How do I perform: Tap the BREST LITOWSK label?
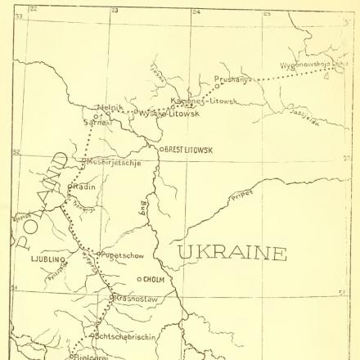[x=190, y=150]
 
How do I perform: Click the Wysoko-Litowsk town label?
[x=164, y=114]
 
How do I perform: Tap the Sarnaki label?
[x=98, y=117]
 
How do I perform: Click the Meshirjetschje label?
[x=113, y=162]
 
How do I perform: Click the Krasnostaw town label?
[x=137, y=299]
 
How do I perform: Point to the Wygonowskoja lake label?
[x=315, y=63]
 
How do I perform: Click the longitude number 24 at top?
[x=196, y=11]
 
